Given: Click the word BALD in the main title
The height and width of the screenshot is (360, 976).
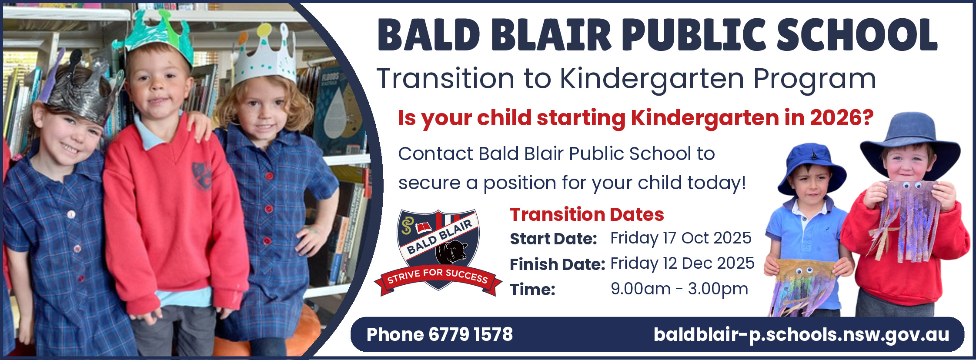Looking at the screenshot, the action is tap(429, 35).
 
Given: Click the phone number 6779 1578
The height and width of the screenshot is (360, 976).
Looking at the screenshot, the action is tap(471, 334).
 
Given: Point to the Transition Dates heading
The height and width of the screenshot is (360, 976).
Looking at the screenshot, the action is tap(587, 214).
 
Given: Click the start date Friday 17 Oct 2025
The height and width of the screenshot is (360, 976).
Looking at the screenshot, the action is tap(681, 238).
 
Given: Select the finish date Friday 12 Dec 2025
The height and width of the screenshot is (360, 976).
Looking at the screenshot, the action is tap(682, 263).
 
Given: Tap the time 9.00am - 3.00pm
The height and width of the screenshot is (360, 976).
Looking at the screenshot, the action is tap(679, 289).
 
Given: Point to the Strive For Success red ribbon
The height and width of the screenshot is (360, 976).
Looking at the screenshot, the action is tap(438, 279).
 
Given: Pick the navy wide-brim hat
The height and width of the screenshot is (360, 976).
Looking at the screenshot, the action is tap(910, 143).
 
